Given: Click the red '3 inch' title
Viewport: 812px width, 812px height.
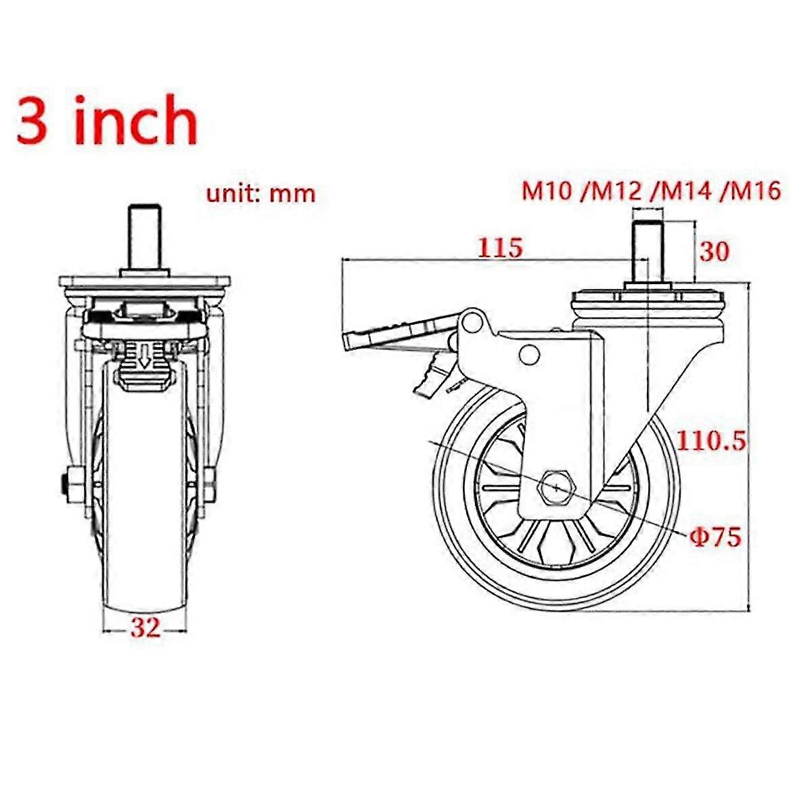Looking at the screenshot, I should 107,120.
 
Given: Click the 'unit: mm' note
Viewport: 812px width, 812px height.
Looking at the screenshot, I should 261,193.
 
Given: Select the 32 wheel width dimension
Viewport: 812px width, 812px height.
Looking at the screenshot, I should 145,628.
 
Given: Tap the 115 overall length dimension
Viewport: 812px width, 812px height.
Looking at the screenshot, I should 501,248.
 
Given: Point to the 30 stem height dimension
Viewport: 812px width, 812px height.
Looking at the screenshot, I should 714,252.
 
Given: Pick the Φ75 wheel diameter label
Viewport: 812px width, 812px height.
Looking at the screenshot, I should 715,538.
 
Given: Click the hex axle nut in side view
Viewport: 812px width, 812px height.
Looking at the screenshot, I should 555,487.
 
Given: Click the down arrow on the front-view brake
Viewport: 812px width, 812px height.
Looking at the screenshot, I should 143,356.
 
